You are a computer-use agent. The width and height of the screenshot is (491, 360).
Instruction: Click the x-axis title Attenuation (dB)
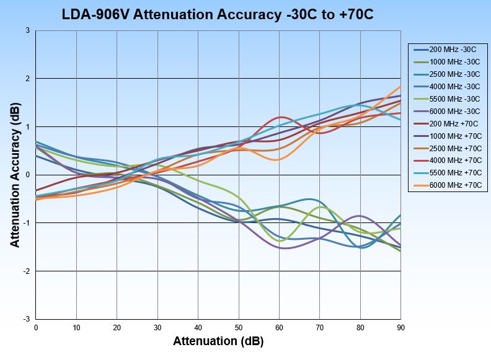(218, 341)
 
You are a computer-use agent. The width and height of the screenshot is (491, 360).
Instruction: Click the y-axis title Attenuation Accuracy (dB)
(15, 175)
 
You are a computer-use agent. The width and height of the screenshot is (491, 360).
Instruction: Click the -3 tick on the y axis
(27, 319)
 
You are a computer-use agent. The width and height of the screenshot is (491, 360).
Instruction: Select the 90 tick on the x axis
(401, 327)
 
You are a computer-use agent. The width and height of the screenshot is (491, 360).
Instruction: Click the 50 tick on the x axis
(239, 327)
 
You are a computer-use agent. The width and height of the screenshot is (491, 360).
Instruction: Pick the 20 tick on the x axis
(117, 327)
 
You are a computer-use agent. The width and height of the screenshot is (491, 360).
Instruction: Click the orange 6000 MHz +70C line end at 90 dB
(400, 86)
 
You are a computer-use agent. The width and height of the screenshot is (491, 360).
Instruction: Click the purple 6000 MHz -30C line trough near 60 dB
(284, 248)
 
